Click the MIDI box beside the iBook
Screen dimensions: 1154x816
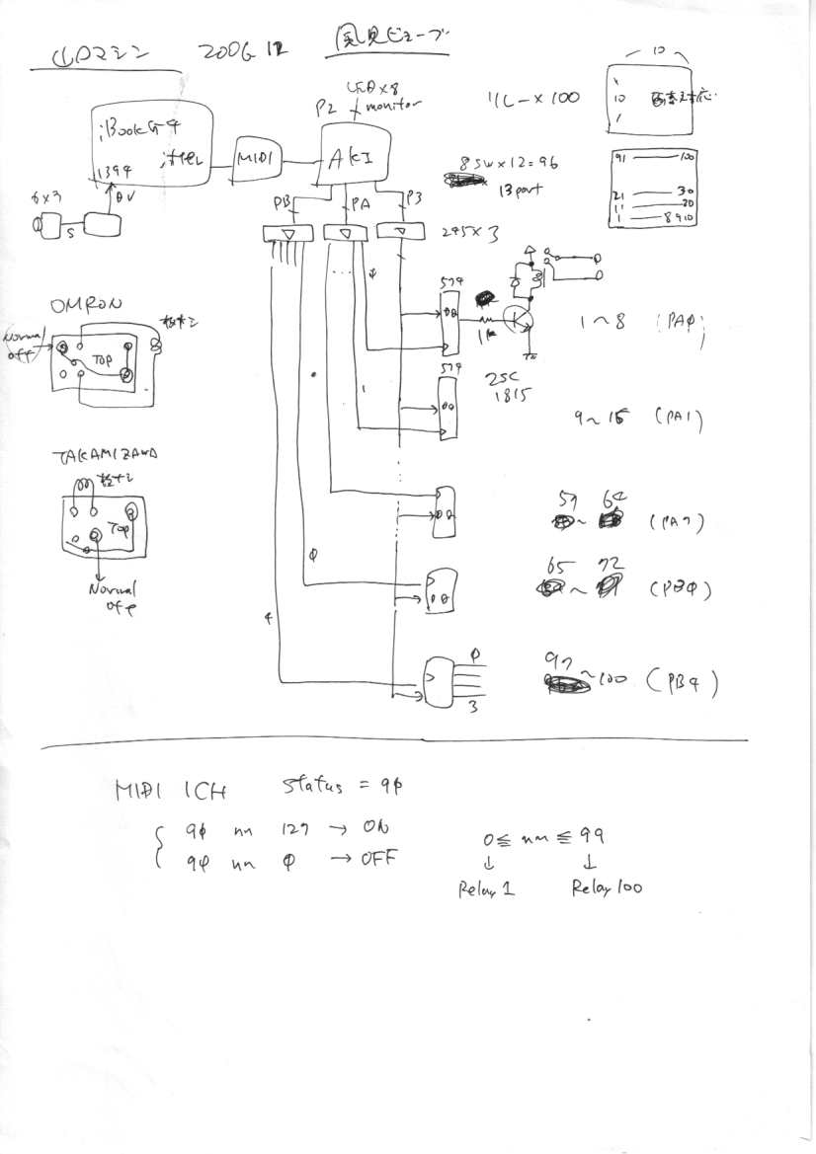255,157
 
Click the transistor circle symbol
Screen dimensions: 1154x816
517,319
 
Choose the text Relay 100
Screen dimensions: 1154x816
606,887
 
